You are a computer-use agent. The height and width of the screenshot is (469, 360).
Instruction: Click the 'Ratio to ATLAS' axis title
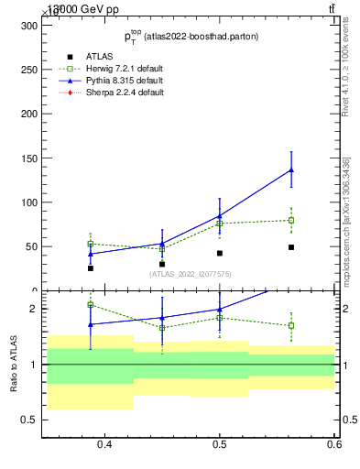click(14, 364)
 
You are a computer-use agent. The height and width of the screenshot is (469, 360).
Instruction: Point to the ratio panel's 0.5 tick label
click(28, 420)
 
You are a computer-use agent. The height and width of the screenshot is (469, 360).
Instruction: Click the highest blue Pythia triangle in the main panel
click(291, 169)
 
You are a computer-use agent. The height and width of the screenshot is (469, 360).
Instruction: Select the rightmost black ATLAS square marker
click(291, 247)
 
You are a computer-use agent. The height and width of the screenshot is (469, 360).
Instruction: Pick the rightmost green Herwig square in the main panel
click(291, 220)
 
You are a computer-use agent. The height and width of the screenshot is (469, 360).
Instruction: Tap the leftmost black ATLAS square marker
click(91, 267)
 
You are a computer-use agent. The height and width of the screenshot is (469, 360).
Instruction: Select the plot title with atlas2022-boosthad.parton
click(191, 37)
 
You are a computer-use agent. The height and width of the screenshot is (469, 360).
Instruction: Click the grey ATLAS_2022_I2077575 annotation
click(191, 274)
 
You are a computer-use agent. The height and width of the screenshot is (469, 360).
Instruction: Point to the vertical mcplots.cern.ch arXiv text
click(345, 220)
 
